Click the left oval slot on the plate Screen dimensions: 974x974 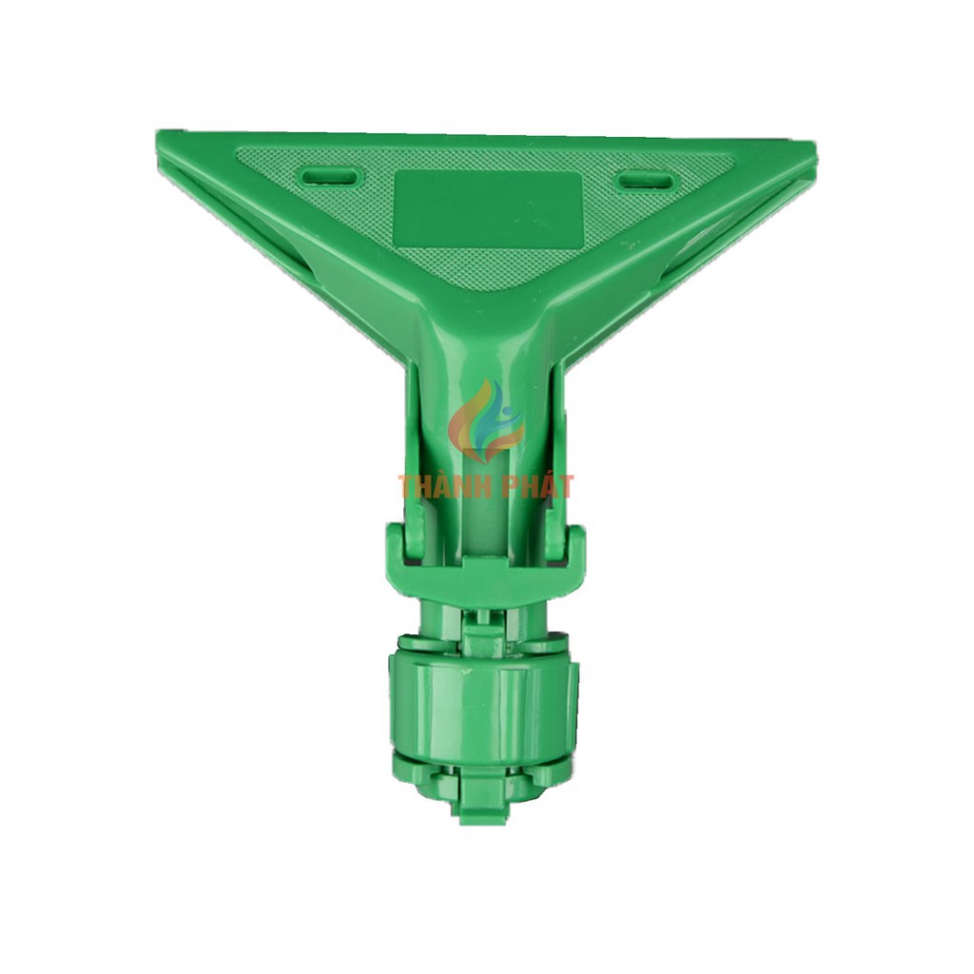point(329,176)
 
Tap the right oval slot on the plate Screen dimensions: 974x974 point(645,181)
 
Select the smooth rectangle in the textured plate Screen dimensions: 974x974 point(488,205)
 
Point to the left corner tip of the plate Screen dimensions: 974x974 point(156,133)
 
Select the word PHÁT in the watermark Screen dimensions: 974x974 point(540,486)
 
